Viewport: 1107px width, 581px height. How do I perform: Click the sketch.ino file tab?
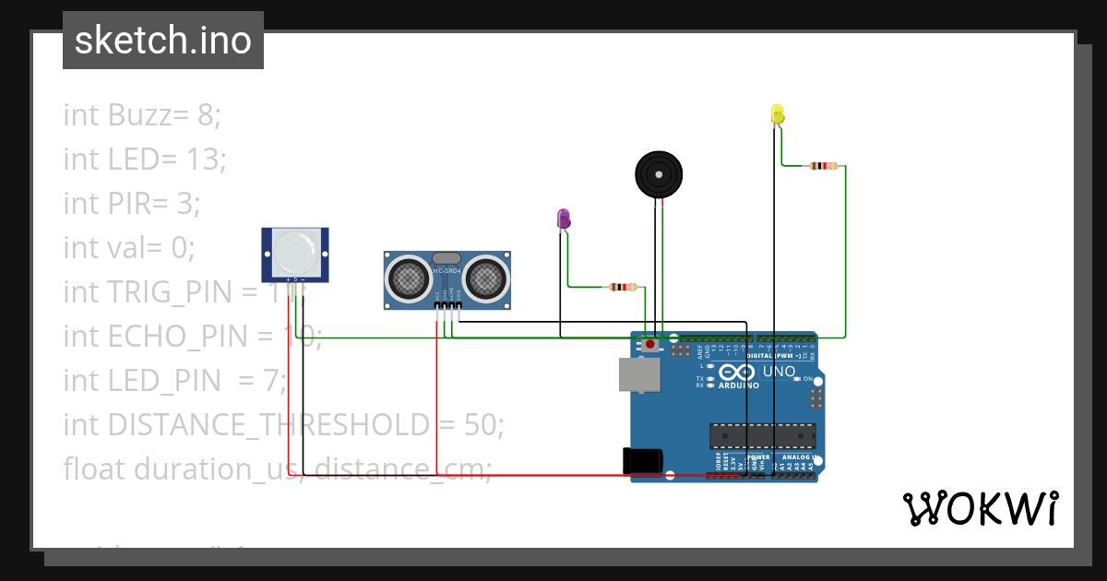[162, 41]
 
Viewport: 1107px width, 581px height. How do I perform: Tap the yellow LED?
[777, 114]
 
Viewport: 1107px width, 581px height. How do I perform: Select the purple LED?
[564, 219]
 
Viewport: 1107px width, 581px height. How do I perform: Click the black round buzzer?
[661, 173]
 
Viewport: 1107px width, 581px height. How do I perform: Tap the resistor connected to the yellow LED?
[822, 166]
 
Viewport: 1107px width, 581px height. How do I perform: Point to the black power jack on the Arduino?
[644, 460]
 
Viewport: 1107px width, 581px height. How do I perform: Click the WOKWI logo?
[979, 508]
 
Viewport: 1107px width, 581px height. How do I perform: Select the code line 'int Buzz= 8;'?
[142, 115]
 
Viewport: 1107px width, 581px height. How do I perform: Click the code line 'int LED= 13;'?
[145, 160]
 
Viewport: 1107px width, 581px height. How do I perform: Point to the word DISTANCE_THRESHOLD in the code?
[268, 425]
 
